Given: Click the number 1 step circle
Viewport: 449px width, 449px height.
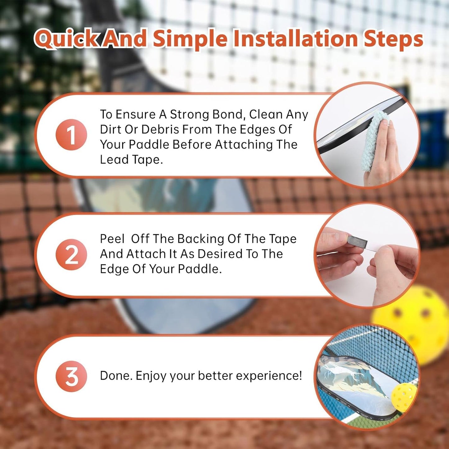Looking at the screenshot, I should [71, 135].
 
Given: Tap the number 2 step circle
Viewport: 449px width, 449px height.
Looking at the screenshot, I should [71, 254].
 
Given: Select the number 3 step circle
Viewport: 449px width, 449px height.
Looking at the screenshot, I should [71, 376].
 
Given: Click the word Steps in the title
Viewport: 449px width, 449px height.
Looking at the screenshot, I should [393, 39].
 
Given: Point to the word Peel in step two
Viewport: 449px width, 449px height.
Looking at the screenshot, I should [112, 239].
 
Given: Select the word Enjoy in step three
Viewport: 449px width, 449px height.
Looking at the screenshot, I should [151, 376].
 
